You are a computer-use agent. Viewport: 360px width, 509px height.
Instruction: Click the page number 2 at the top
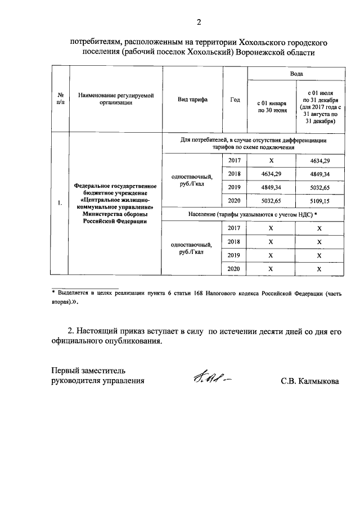pos(198,22)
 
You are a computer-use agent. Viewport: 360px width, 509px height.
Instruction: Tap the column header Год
pos(235,99)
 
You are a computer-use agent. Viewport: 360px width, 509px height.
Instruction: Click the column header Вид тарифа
pos(192,99)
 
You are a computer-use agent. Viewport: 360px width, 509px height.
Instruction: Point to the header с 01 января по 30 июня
pos(272,107)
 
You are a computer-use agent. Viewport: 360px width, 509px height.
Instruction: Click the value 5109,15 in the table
pos(319,200)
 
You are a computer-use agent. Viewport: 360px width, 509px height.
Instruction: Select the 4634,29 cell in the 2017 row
pos(319,161)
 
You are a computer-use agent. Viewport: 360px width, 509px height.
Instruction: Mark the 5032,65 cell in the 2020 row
pos(272,200)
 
